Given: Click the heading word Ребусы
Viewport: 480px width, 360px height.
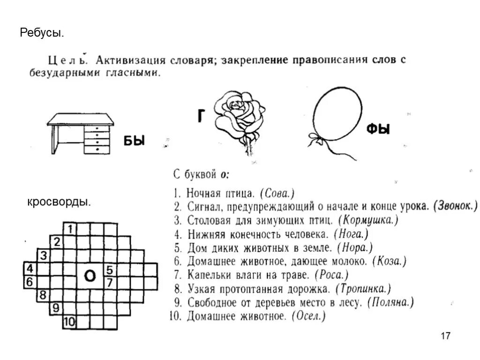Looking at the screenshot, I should (x=42, y=33).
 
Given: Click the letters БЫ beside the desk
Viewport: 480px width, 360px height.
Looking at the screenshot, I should (x=134, y=140).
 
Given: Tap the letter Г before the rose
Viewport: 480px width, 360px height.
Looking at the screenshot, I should (x=201, y=116).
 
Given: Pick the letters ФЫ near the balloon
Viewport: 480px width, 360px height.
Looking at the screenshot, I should (x=378, y=129).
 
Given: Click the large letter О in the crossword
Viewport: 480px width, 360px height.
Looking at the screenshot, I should (x=90, y=276).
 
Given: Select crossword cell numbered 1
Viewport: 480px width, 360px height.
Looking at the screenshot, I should (x=70, y=229).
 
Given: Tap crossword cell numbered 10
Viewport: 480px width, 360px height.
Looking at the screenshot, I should (x=69, y=322).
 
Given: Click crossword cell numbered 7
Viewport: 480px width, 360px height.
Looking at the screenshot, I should (x=110, y=283).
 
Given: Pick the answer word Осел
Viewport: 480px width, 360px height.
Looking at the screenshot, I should (x=308, y=316).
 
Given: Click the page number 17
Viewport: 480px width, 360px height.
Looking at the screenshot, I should (x=446, y=336).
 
